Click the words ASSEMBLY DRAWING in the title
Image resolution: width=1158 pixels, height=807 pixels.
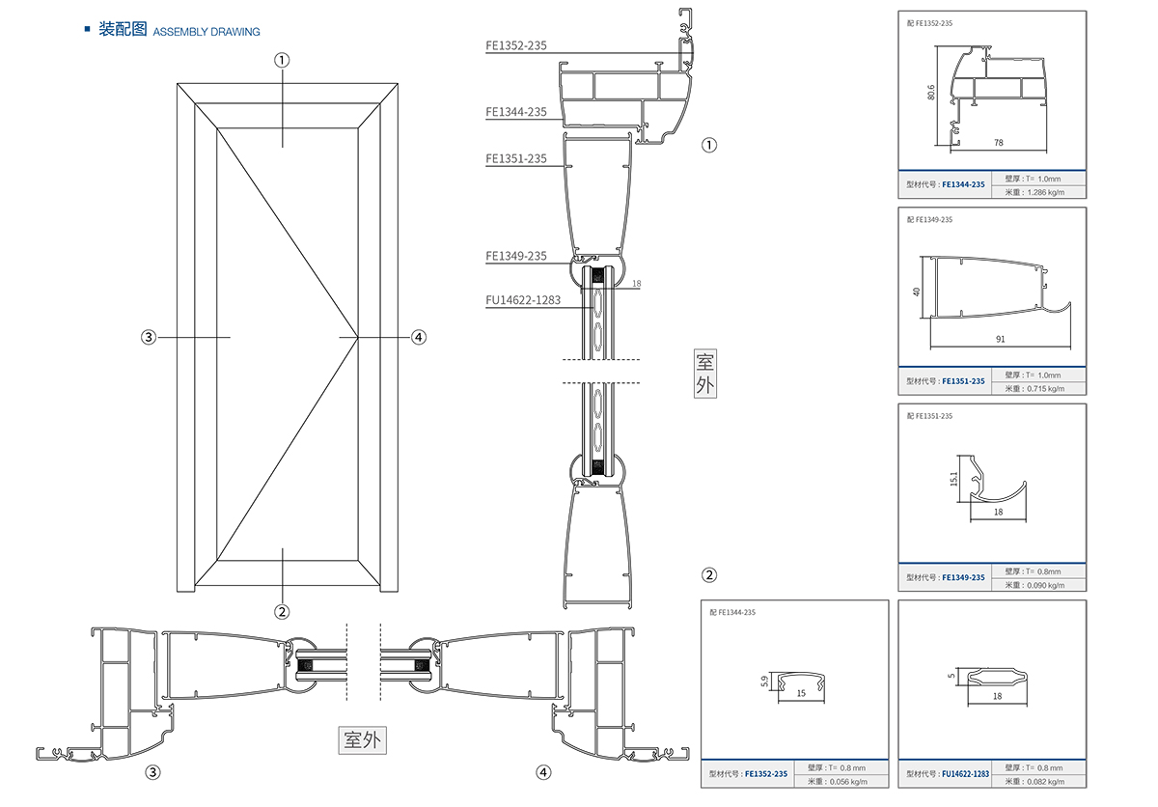pos(207,32)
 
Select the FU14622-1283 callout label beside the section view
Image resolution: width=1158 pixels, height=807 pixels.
pos(523,300)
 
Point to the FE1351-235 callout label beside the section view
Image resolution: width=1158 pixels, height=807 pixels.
pos(516,159)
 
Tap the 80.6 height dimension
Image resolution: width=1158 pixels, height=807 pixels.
pos(931,93)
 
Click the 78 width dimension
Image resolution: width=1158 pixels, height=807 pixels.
pos(998,142)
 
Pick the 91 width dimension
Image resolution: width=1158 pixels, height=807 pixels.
pos(1000,339)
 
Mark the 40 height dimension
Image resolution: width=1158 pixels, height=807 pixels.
pos(918,291)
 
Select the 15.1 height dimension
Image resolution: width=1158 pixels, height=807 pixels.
pos(954,479)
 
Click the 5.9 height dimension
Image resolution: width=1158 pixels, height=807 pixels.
pos(764,682)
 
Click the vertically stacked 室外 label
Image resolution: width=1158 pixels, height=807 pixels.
pos(705,375)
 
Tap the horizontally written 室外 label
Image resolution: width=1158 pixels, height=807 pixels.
pos(363,740)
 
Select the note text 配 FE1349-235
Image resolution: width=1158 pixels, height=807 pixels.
pos(930,220)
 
